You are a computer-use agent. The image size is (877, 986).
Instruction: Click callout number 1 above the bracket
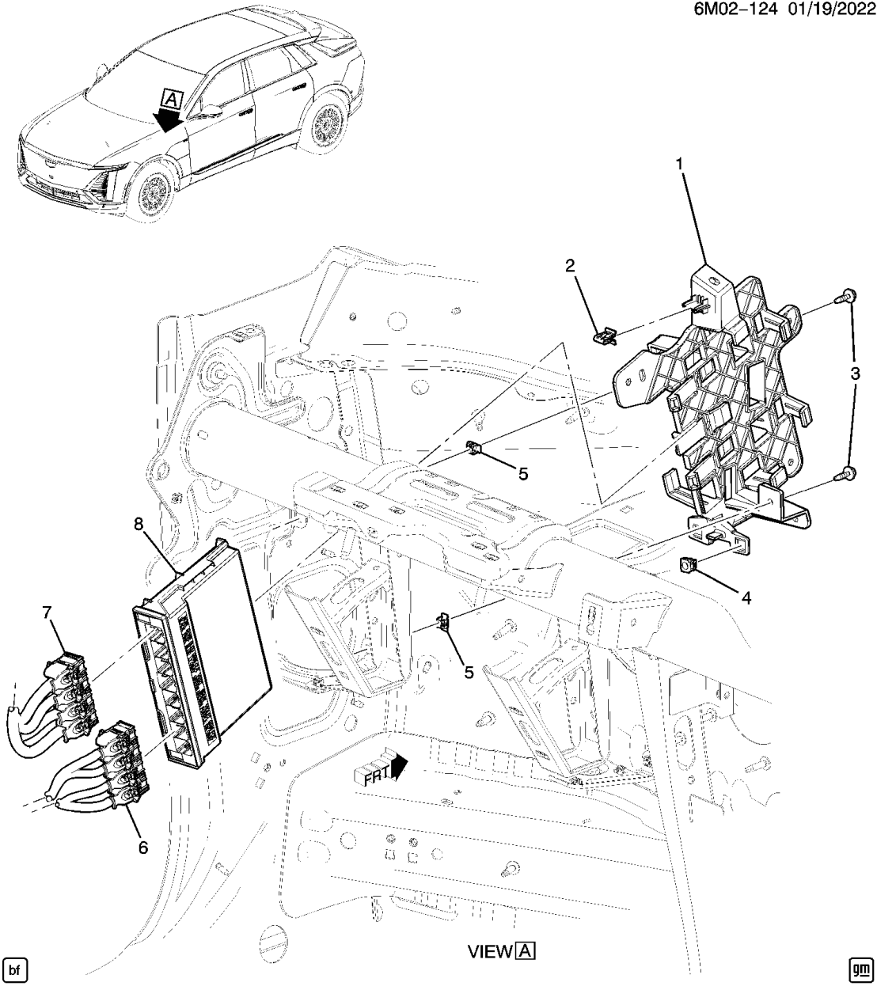678,164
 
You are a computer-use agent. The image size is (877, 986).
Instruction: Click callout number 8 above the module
139,523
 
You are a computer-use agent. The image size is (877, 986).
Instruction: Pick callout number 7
47,612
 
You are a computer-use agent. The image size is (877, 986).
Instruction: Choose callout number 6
142,847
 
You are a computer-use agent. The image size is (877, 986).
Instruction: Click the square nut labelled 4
688,566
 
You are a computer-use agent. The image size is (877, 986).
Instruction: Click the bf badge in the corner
16,969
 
